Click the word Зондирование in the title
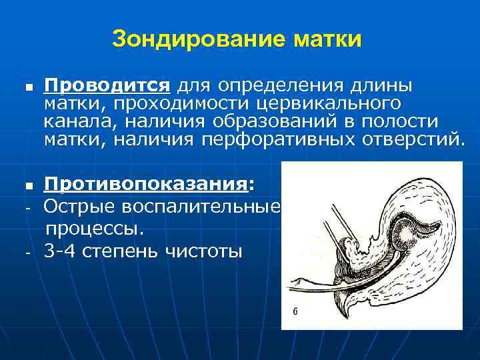199,39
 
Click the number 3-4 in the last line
61,253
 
